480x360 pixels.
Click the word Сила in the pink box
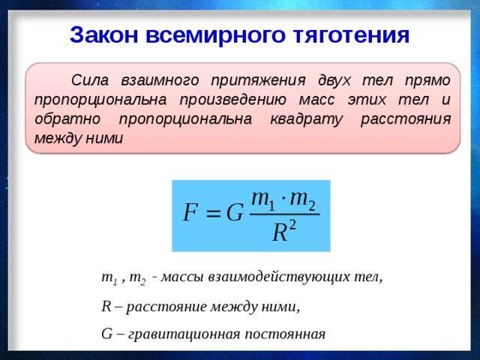(89, 80)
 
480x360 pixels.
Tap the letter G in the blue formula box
(235, 213)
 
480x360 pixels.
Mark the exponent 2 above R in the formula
(292, 225)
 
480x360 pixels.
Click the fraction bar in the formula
(283, 215)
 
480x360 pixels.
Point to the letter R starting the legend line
(105, 306)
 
